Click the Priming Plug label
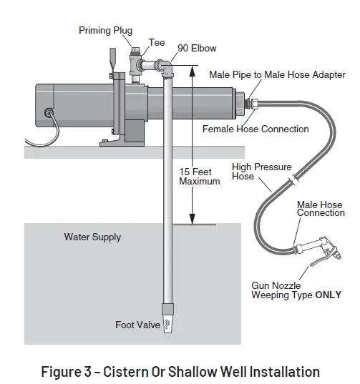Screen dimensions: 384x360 click(104, 31)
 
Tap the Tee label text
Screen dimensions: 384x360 click(157, 43)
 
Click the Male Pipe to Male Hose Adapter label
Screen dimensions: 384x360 click(277, 75)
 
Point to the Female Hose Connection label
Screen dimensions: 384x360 click(256, 129)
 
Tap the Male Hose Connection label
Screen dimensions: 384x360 click(321, 209)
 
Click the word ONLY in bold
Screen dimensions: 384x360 click(329, 295)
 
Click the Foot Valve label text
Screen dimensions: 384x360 click(135, 325)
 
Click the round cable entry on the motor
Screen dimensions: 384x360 click(49, 112)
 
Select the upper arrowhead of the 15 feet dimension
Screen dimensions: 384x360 click(192, 70)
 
